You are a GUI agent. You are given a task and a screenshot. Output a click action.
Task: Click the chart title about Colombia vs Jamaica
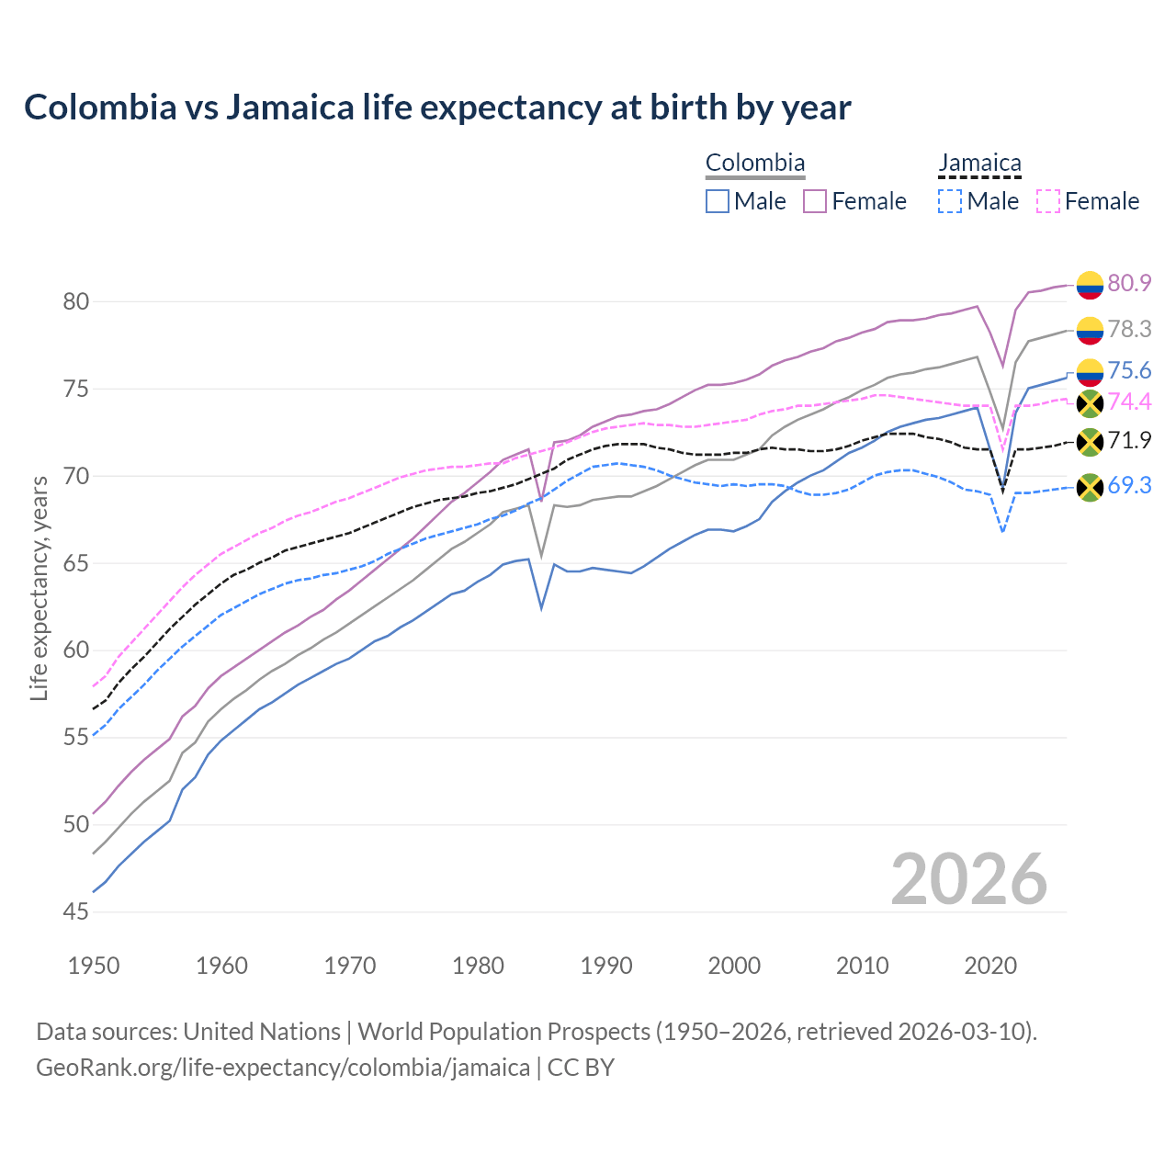[x=437, y=107]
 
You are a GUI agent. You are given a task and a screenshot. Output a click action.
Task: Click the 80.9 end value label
[x=1129, y=283]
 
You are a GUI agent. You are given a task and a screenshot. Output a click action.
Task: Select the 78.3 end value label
[x=1129, y=329]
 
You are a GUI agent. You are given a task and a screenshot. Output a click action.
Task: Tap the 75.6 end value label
[x=1129, y=370]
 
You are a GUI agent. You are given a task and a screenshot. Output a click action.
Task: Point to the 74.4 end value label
[x=1129, y=401]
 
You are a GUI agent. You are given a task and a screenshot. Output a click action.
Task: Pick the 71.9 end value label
[x=1129, y=440]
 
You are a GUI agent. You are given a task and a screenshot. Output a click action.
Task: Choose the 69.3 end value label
[x=1129, y=485]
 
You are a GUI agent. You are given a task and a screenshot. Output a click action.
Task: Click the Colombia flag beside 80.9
[x=1090, y=285]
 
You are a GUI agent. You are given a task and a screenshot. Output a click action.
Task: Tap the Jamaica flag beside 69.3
[x=1090, y=487]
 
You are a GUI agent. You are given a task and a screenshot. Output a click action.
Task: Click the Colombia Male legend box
[x=718, y=201]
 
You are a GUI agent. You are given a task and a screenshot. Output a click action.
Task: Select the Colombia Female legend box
[x=815, y=201]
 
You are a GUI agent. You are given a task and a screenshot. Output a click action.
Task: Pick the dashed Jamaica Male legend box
[x=950, y=201]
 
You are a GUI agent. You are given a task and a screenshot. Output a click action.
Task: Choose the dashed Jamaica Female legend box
[x=1048, y=201]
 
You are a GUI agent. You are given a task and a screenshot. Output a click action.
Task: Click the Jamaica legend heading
[x=979, y=164]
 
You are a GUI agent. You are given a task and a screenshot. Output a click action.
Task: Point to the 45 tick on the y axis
[x=76, y=912]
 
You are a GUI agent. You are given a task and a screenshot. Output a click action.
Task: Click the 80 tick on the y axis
[x=76, y=301]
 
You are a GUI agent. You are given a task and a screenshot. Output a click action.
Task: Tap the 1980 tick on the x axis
[x=478, y=966]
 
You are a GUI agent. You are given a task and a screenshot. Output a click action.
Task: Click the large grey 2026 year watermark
[x=969, y=879]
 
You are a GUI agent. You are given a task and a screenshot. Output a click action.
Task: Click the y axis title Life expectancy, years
[x=40, y=588]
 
